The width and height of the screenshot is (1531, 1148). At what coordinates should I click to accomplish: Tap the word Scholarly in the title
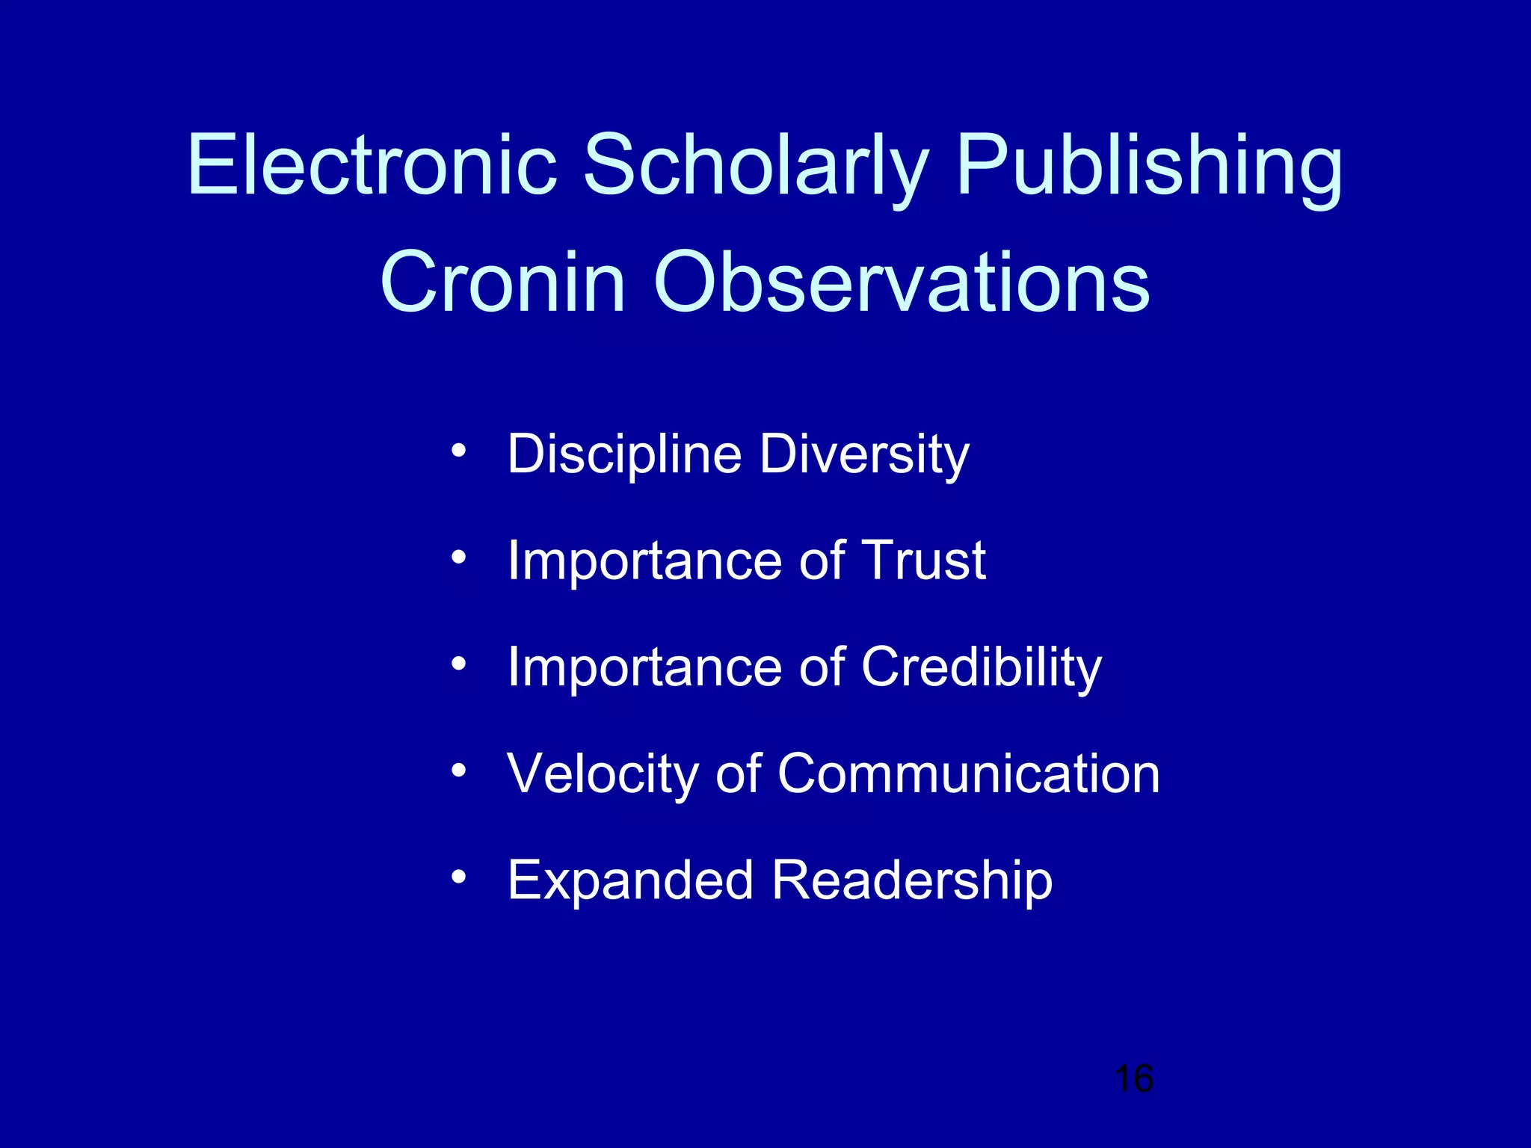click(755, 166)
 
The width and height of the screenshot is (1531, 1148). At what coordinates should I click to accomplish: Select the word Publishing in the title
click(1149, 166)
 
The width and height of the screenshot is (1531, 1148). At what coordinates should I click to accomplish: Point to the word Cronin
click(502, 283)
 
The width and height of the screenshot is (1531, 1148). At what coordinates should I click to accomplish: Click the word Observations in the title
click(902, 283)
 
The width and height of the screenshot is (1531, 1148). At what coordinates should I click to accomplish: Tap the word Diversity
click(865, 454)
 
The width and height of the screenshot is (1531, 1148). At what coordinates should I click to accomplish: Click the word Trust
click(923, 560)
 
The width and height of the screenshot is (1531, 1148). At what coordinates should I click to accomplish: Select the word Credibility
click(981, 667)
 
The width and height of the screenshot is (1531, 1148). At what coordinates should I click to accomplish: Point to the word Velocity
click(603, 774)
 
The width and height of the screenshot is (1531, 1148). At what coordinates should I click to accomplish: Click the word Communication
click(969, 774)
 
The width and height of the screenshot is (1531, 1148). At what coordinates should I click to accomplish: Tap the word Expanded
click(630, 880)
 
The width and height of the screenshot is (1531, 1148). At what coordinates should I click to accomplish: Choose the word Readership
click(912, 880)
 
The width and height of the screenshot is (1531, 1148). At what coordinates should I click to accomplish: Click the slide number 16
click(1133, 1078)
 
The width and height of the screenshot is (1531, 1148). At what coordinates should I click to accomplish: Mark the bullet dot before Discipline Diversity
click(459, 451)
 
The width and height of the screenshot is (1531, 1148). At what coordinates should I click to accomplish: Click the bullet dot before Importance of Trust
click(459, 557)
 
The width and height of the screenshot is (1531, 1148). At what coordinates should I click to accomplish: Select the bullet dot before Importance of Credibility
click(459, 663)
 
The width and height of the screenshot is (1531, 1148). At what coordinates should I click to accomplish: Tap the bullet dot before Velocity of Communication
click(459, 770)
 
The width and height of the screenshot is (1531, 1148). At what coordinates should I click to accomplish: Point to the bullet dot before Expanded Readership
click(459, 876)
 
